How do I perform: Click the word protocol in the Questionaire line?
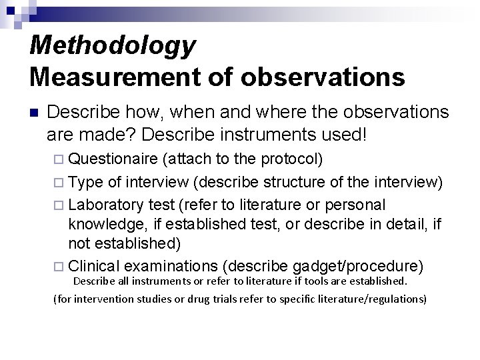pos(291,161)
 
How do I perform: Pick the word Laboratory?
pos(107,203)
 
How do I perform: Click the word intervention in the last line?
pos(107,299)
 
